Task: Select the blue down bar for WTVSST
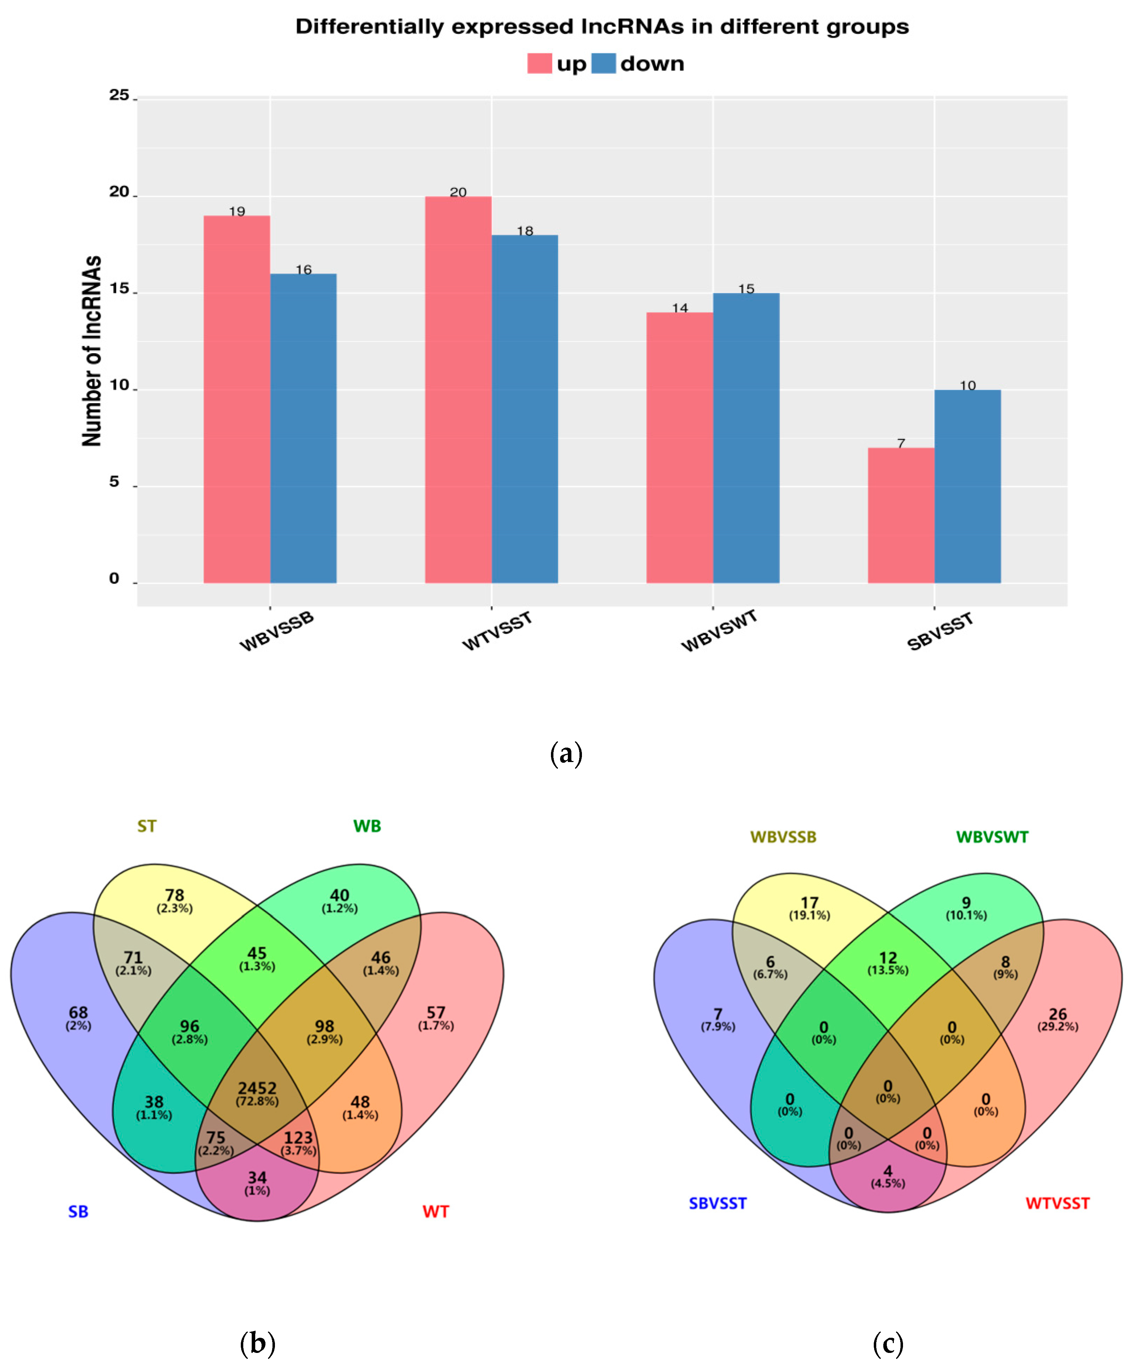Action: coord(525,409)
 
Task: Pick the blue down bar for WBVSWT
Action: coord(746,437)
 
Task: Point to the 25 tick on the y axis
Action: coord(119,96)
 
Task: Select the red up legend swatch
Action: coord(540,64)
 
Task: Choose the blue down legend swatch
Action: coord(603,64)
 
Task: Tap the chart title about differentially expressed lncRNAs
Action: coord(602,27)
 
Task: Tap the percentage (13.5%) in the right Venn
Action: coord(888,970)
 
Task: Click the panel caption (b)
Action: coord(258,1343)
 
